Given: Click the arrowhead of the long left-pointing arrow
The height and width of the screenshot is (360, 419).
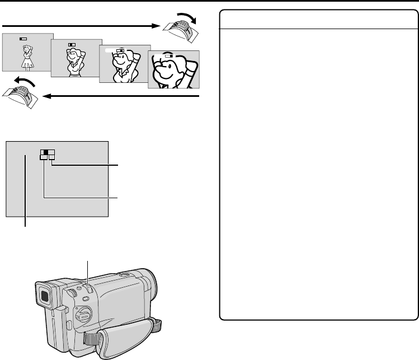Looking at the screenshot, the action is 47,96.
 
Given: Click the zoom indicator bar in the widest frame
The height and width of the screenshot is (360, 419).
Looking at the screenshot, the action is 23,39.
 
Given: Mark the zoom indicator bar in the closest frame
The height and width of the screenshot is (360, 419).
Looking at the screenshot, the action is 167,55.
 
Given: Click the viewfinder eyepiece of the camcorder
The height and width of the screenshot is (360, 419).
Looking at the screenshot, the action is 44,295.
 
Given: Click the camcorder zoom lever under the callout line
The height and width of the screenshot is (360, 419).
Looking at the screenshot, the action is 88,288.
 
